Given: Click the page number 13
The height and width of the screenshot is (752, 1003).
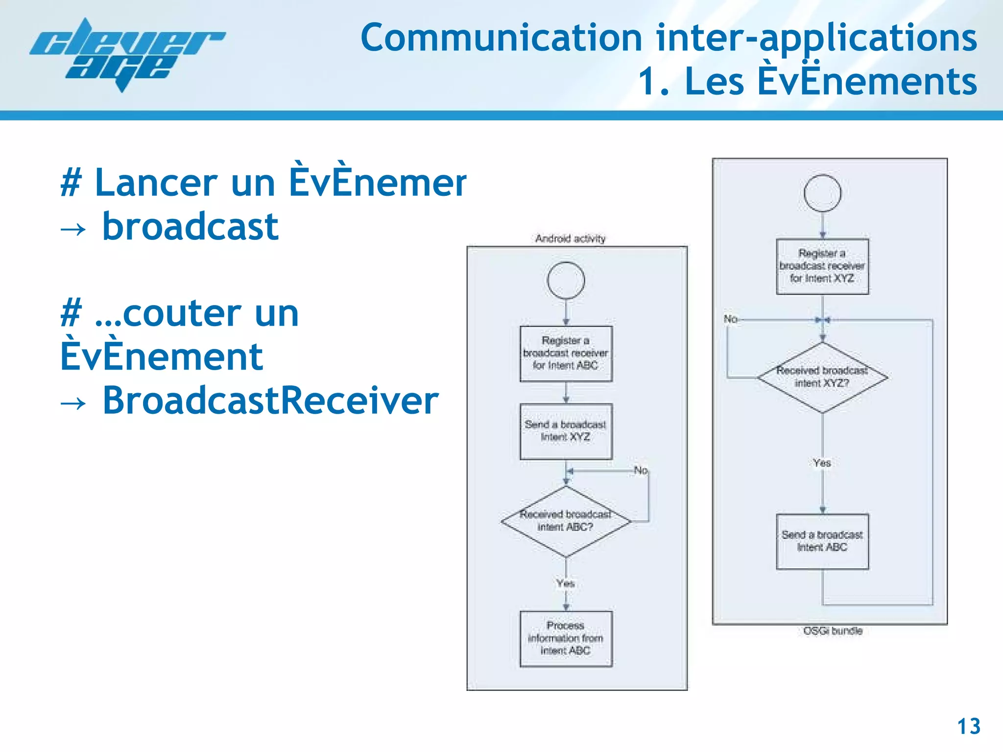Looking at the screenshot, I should pyautogui.click(x=968, y=727).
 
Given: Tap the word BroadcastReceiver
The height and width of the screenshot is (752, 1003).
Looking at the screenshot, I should pyautogui.click(x=270, y=400).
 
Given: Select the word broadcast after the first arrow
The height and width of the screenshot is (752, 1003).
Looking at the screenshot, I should pyautogui.click(x=190, y=227).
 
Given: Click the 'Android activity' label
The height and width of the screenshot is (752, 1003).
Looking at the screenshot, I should pyautogui.click(x=570, y=238).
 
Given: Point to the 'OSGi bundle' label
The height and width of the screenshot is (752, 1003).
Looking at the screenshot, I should pyautogui.click(x=833, y=631).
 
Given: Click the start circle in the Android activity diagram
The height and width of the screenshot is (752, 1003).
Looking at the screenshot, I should pyautogui.click(x=566, y=281).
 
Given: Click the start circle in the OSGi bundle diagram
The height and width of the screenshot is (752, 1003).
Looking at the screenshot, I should pyautogui.click(x=822, y=193).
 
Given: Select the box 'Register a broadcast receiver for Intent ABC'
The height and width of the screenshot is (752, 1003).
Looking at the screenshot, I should pyautogui.click(x=566, y=353).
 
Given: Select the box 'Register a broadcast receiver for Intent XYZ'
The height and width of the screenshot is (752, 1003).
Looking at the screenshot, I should pyautogui.click(x=822, y=266).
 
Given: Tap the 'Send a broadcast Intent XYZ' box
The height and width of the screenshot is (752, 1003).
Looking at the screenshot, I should pyautogui.click(x=566, y=431).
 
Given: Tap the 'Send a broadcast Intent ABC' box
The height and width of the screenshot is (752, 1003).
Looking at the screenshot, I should pyautogui.click(x=822, y=541).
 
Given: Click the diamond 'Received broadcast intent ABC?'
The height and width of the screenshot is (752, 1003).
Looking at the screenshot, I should pyautogui.click(x=566, y=521).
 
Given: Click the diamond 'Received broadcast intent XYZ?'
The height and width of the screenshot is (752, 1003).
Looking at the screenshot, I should pyautogui.click(x=822, y=377).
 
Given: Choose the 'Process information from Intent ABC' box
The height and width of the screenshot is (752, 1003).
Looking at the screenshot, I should pyautogui.click(x=566, y=638).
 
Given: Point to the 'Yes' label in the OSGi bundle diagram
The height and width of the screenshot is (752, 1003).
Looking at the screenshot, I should pyautogui.click(x=822, y=463).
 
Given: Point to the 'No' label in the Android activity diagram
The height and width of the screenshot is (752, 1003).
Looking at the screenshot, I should pyautogui.click(x=641, y=470).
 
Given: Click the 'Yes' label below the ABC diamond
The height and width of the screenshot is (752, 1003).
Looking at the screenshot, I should pyautogui.click(x=565, y=583).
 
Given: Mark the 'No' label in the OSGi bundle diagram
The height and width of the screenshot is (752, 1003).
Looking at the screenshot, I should pyautogui.click(x=730, y=319).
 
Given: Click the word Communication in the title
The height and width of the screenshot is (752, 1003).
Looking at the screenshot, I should pyautogui.click(x=501, y=38).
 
